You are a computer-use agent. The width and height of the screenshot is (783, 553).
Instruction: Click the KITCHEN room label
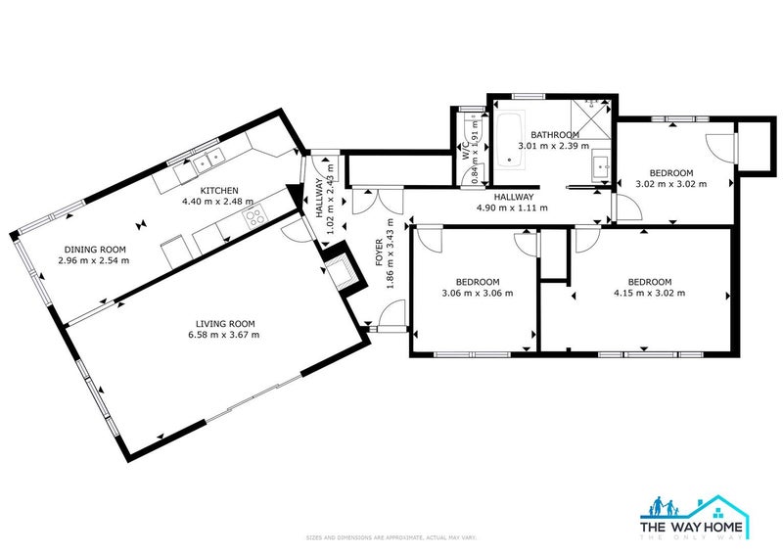click(219, 190)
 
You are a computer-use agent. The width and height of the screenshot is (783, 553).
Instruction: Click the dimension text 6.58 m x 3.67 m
click(226, 335)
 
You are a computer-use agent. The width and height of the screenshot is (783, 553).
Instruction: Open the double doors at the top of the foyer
click(376, 200)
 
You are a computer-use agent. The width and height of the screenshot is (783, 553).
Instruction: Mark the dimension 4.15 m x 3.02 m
click(649, 293)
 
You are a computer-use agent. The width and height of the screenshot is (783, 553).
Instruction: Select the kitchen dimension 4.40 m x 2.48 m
click(219, 202)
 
